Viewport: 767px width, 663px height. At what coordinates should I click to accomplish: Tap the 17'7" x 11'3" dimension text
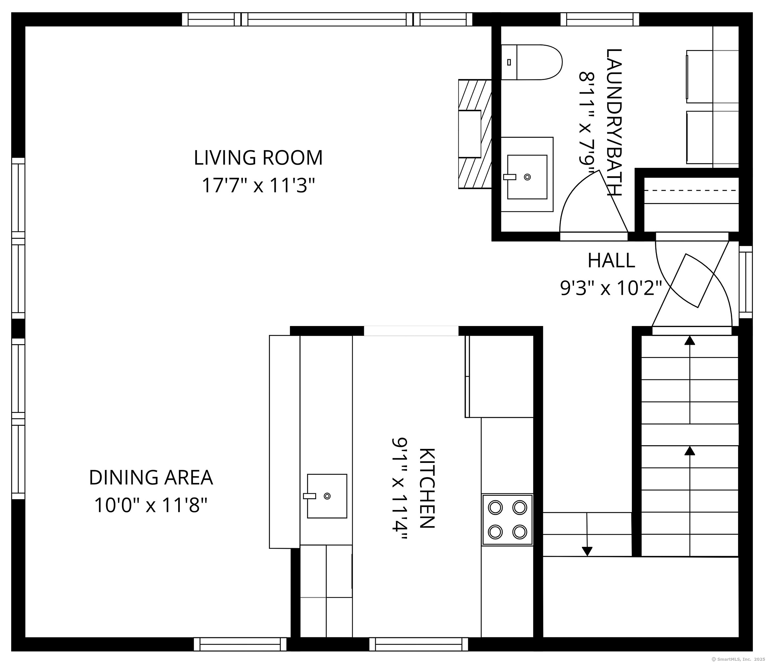tap(258, 185)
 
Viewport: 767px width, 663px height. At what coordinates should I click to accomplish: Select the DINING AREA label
tap(151, 477)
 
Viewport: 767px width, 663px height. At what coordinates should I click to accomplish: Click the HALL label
tap(611, 260)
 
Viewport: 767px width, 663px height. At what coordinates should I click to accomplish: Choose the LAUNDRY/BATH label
tap(613, 122)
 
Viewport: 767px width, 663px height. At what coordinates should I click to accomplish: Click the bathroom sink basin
tap(527, 177)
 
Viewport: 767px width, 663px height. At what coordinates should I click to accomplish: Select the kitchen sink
tap(327, 496)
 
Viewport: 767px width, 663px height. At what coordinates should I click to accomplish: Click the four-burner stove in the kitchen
tap(507, 520)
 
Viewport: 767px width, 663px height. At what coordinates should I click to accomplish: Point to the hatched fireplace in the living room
tap(475, 134)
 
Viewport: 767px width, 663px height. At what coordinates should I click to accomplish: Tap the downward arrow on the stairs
tap(587, 534)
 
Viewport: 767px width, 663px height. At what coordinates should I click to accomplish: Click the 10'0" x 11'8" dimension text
tap(151, 505)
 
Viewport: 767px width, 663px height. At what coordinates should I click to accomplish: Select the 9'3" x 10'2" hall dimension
tap(611, 288)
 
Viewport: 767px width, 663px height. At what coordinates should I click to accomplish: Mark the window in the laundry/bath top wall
tap(600, 19)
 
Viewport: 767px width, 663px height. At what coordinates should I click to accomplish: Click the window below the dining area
tap(240, 644)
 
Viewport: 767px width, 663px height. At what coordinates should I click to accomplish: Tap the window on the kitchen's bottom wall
tap(419, 644)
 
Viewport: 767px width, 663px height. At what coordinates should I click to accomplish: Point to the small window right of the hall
tap(746, 282)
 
